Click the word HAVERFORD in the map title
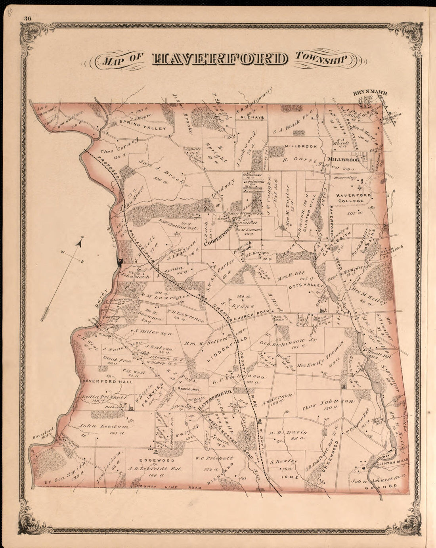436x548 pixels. click(220, 59)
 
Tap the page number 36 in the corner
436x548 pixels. click(28, 18)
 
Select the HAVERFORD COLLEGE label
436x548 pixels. click(354, 198)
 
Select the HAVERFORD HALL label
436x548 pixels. click(101, 381)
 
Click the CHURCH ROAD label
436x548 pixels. click(251, 318)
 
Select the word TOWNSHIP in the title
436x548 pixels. click(320, 59)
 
